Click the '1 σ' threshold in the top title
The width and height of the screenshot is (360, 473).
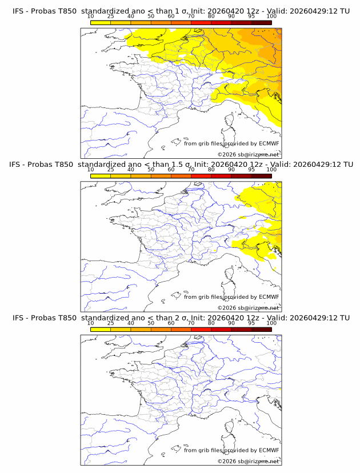click(183, 11)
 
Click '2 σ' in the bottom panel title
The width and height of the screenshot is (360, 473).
click(183, 318)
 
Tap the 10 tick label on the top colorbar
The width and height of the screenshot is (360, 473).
click(91, 17)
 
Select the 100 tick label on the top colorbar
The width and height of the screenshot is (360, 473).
click(271, 17)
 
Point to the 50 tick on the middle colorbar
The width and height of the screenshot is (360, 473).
click(151, 170)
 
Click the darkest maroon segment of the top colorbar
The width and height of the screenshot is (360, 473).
click(261, 22)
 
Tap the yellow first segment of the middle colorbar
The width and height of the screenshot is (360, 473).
click(101, 176)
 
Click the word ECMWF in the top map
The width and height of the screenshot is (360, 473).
click(269, 143)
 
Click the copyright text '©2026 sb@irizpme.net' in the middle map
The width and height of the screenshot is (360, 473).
click(248, 307)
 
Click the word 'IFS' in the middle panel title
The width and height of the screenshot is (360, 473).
click(18, 165)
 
